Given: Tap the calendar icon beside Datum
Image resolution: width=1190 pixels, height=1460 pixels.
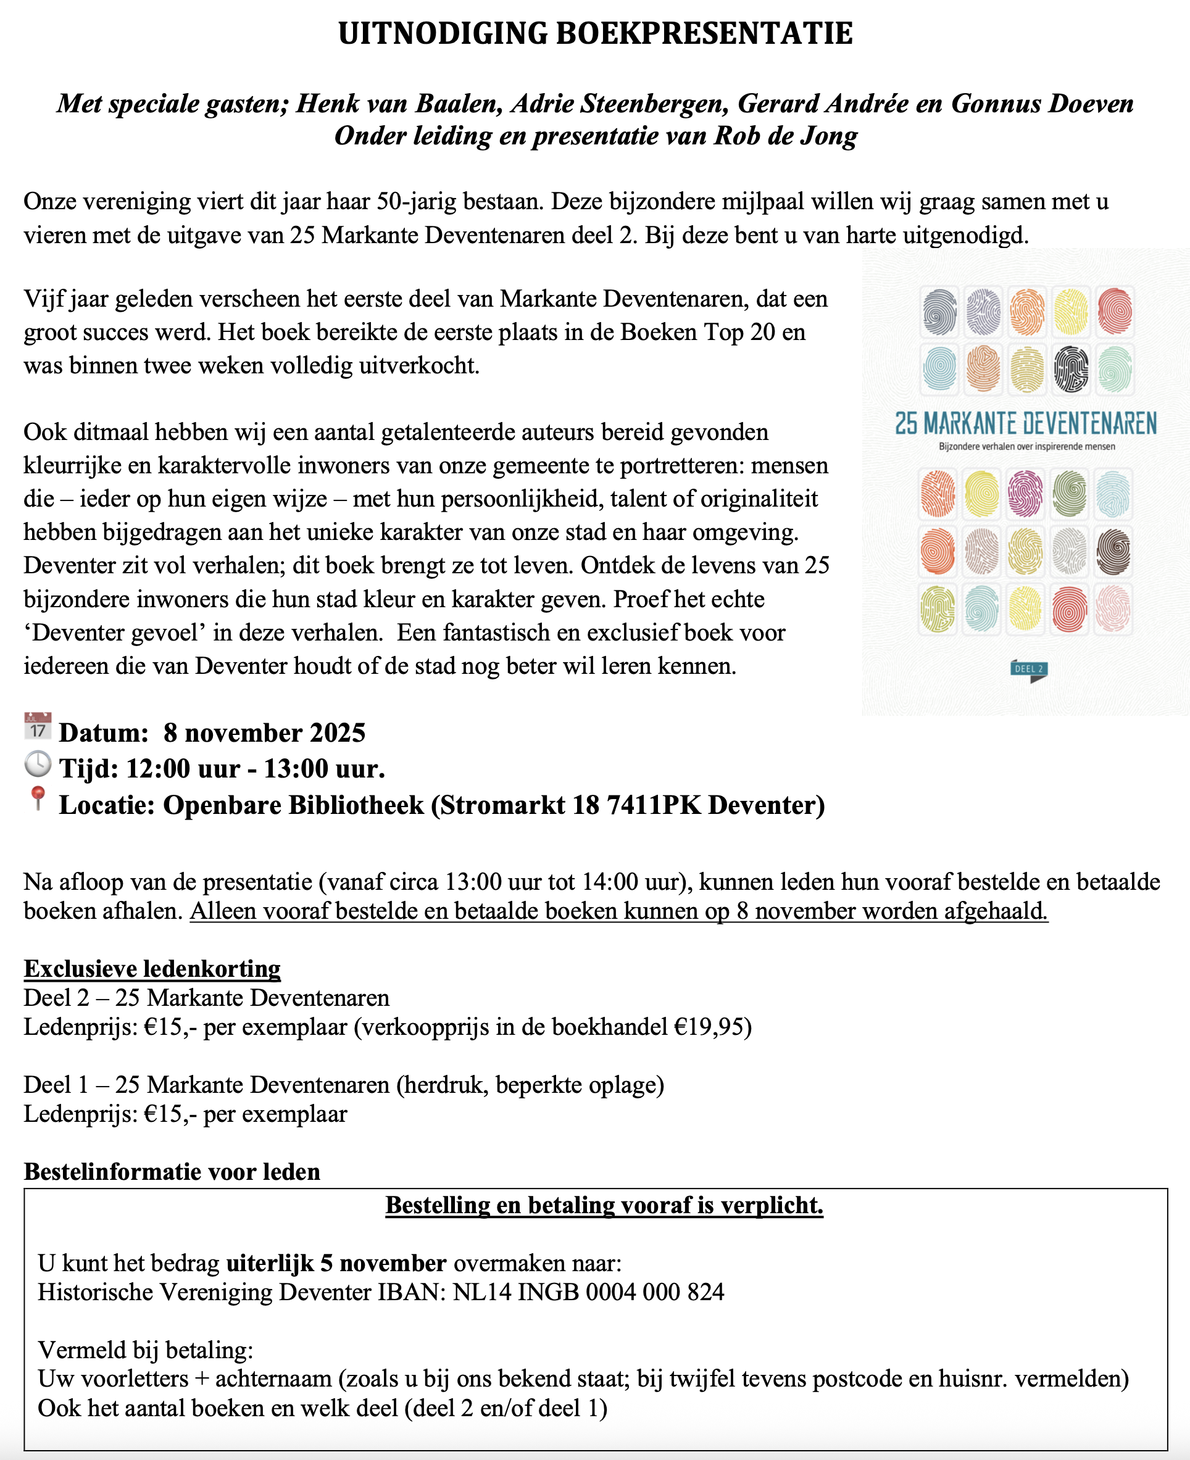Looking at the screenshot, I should point(38,726).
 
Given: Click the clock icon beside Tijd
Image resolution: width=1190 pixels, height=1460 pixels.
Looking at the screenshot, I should point(38,763).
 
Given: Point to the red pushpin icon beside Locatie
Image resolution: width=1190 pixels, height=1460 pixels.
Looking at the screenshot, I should point(38,798).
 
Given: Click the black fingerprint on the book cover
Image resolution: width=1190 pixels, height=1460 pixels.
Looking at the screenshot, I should point(1071,369).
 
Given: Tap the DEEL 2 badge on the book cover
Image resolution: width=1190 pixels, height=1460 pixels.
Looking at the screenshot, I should point(1028,670).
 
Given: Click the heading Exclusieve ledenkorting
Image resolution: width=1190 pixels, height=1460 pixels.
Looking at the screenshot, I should point(152,969).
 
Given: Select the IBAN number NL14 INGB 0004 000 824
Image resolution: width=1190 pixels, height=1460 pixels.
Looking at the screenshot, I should point(588,1292).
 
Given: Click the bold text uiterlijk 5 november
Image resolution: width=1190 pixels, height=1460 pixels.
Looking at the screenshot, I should point(336,1263).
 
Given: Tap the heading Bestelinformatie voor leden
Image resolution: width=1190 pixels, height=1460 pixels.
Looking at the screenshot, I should point(172,1171).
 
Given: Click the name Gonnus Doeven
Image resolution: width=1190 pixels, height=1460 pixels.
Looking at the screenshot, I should point(1042,104).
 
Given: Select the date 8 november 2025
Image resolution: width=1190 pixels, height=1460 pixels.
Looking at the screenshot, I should point(264,732).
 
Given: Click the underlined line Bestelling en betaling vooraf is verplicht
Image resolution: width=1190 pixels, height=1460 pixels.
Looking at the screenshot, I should point(604,1205).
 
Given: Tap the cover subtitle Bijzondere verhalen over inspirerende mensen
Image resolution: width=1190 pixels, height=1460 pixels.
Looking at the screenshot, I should point(1026,447).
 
